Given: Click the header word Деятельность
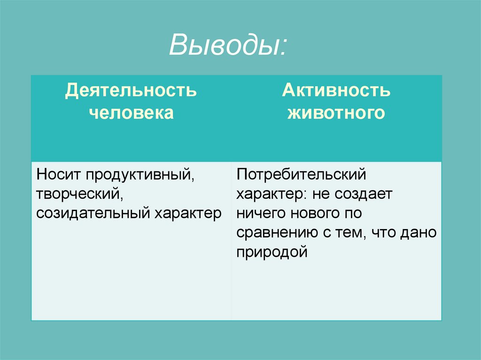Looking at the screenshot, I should [x=131, y=90].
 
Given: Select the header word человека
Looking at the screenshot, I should [x=131, y=113].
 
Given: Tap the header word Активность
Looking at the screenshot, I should [x=336, y=90].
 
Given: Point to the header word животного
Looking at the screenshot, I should [x=336, y=113].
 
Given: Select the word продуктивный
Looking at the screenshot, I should [x=140, y=176].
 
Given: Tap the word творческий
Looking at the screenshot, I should [x=77, y=195].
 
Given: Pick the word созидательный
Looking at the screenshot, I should [x=93, y=214].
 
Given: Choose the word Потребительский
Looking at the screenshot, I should [x=301, y=176].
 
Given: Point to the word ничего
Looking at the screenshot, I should [x=258, y=214].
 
